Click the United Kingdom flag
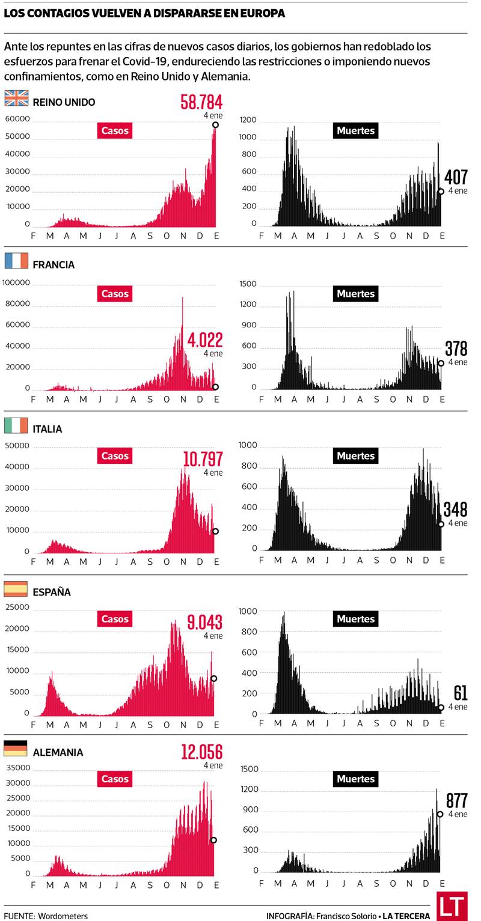point(16,99)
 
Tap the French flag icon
point(16,261)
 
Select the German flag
point(16,748)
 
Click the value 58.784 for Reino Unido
point(201,102)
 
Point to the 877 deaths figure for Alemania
point(457,801)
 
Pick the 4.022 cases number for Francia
point(205,341)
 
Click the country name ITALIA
point(47,429)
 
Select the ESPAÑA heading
point(52,592)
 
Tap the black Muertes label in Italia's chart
point(355,456)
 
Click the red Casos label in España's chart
point(115,619)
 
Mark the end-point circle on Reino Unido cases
point(215,125)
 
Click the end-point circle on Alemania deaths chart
point(441,814)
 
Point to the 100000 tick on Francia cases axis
point(17,282)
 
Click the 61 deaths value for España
point(461,693)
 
